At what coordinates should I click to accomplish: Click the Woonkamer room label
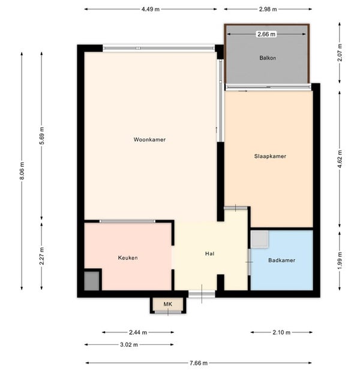click(149, 139)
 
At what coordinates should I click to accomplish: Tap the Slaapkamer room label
click(270, 156)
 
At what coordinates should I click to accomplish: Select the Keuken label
click(128, 257)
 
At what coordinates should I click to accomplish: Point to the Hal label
click(210, 254)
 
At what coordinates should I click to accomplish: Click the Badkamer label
click(281, 260)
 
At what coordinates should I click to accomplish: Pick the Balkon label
click(268, 58)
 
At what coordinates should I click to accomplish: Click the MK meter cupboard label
click(168, 304)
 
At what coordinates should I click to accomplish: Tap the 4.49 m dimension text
click(151, 9)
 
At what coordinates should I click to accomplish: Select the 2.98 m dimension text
click(268, 9)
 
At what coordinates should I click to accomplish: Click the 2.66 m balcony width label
click(266, 34)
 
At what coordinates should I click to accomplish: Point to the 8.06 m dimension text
click(22, 171)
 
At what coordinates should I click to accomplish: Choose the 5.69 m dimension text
click(42, 136)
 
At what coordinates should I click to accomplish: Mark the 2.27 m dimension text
click(42, 256)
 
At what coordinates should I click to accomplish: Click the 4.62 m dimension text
click(340, 159)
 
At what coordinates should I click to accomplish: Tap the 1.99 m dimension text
click(340, 261)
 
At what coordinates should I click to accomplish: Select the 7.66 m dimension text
click(199, 363)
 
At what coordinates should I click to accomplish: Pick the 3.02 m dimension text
click(129, 344)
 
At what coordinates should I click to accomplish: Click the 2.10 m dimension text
click(281, 332)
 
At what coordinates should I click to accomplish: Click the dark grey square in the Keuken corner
click(92, 281)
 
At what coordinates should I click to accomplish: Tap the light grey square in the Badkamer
click(260, 239)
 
